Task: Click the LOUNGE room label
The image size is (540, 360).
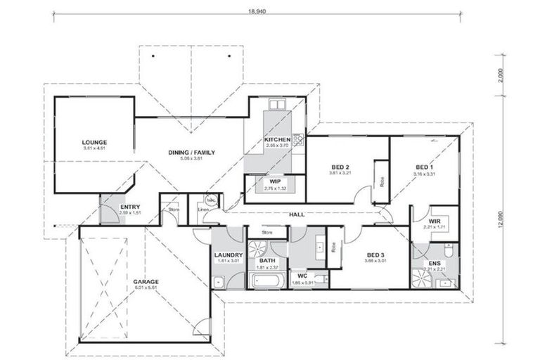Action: tap(94, 141)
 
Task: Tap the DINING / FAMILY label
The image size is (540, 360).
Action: tap(191, 152)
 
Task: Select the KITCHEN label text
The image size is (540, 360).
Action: tap(277, 140)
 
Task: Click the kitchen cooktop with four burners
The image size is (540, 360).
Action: tap(298, 140)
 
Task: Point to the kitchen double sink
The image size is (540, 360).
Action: tap(277, 105)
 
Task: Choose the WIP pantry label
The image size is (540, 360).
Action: tap(274, 181)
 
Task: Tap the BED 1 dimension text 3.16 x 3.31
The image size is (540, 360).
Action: tap(425, 173)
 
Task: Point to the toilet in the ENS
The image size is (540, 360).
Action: tap(448, 250)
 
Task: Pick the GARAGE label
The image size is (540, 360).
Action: tap(146, 281)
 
